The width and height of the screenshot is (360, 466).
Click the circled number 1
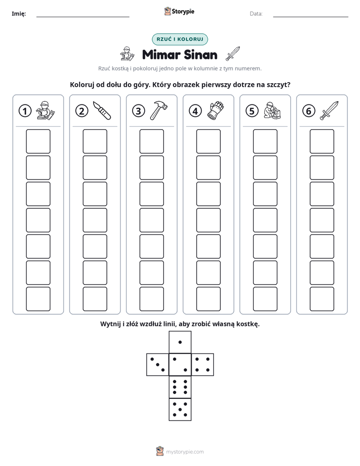click(25, 111)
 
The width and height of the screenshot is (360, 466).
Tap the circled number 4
click(195, 111)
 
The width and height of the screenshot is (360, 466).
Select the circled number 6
click(309, 111)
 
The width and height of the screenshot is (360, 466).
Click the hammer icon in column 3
click(159, 110)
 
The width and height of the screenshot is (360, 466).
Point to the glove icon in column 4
click(215, 110)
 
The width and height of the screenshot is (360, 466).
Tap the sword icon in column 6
click(329, 110)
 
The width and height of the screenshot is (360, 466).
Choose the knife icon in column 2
click(102, 110)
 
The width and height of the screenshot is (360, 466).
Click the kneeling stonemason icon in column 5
click(272, 110)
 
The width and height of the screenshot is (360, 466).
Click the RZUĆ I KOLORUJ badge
click(179, 39)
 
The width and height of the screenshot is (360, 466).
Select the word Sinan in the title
click(201, 54)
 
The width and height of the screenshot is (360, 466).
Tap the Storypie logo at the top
click(179, 11)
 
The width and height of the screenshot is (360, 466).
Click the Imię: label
click(19, 14)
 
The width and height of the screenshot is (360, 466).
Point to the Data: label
click(256, 14)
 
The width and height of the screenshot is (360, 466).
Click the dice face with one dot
click(180, 342)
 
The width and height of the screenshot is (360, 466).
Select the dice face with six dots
click(180, 387)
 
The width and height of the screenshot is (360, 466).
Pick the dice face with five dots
click(180, 410)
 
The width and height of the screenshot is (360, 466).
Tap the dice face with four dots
click(203, 365)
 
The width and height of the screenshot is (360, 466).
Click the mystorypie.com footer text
click(185, 452)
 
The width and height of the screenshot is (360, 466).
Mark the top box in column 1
click(38, 141)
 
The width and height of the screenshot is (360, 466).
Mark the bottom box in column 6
click(322, 299)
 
